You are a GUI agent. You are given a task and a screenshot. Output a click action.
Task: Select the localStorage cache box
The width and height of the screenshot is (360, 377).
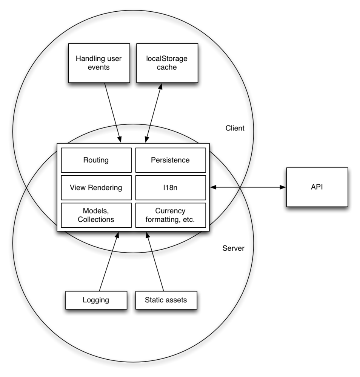pyautogui.click(x=167, y=63)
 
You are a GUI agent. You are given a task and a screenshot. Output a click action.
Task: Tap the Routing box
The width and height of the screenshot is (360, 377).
pyautogui.click(x=96, y=160)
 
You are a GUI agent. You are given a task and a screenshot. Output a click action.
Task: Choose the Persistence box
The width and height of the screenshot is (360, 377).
pyautogui.click(x=170, y=160)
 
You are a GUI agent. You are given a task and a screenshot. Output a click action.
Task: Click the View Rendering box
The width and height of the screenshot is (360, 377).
pyautogui.click(x=96, y=187)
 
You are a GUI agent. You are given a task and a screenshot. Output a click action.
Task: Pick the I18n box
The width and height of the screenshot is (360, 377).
pyautogui.click(x=170, y=187)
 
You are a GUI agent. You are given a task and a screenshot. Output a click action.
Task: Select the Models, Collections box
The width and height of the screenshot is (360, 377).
pyautogui.click(x=96, y=215)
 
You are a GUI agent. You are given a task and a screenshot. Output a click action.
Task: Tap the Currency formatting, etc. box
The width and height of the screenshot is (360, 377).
pyautogui.click(x=170, y=215)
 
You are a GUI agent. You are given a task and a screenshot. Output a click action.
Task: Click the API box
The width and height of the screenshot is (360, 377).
pyautogui.click(x=317, y=187)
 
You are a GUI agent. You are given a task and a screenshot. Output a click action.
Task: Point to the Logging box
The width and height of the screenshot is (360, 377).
pyautogui.click(x=96, y=300)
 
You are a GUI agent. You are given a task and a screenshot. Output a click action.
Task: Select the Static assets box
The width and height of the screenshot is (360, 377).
pyautogui.click(x=166, y=300)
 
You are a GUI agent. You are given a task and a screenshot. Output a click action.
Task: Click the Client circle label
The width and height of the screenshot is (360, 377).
pyautogui.click(x=235, y=128)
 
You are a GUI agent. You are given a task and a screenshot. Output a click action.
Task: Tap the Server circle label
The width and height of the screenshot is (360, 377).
pyautogui.click(x=233, y=248)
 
